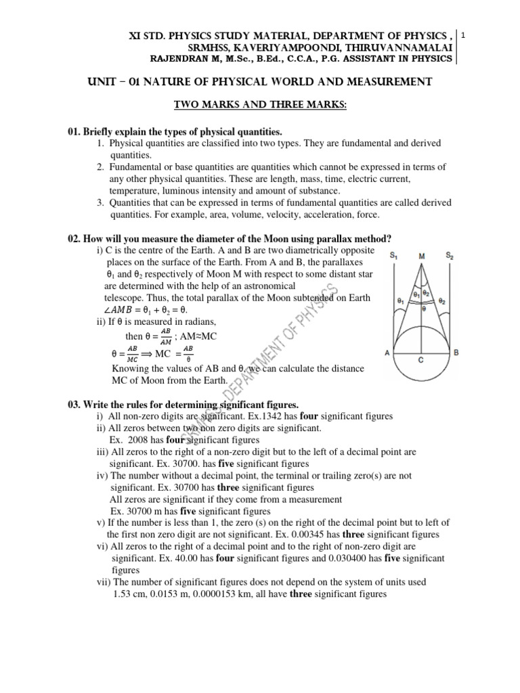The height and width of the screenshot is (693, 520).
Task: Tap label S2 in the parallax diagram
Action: (449, 255)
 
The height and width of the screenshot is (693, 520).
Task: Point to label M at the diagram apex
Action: (422, 256)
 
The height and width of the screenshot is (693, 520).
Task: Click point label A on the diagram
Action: (387, 353)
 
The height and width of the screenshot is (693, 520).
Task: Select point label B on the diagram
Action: (457, 353)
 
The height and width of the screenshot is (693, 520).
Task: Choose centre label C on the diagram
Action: (421, 361)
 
